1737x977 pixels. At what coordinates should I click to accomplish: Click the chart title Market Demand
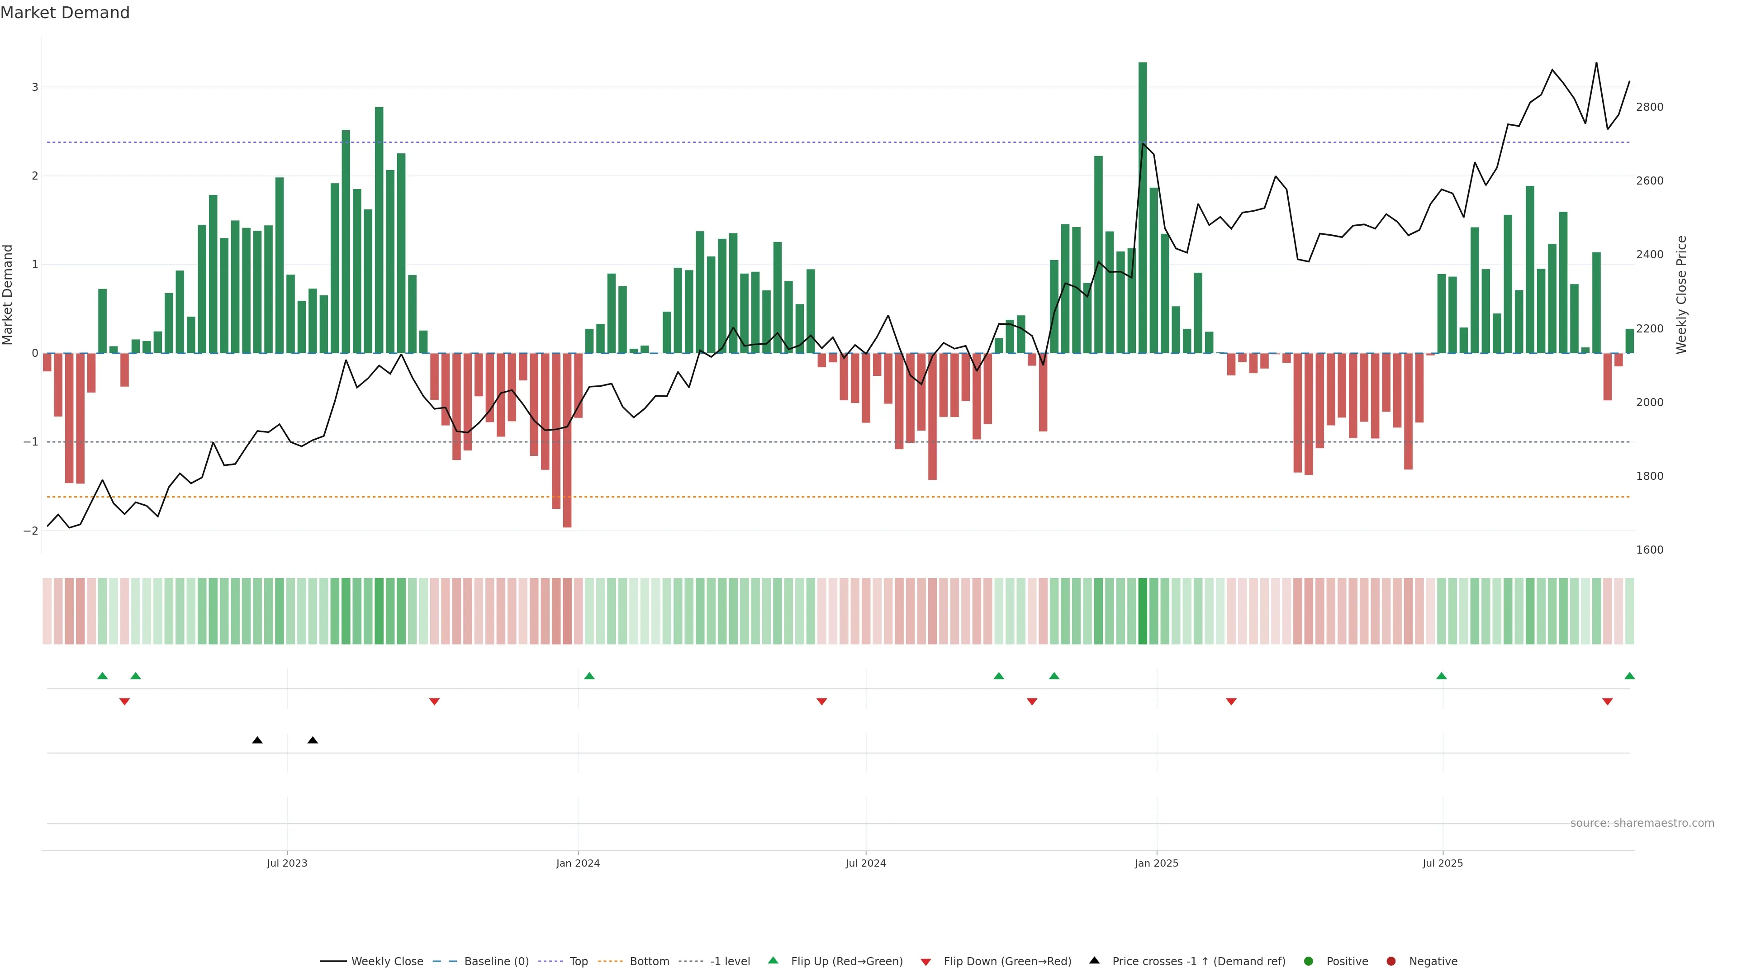[x=65, y=13]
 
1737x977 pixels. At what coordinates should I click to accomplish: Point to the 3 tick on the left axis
[x=35, y=87]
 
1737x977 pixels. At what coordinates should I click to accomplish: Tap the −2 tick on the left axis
[x=31, y=531]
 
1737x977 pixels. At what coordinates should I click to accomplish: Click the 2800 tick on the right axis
[x=1649, y=107]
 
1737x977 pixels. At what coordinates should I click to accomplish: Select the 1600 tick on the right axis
[x=1649, y=550]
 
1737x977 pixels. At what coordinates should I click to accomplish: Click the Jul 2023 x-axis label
[x=287, y=863]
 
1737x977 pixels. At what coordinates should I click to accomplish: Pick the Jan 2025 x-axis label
[x=1157, y=863]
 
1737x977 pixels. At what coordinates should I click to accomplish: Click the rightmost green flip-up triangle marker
[x=1629, y=676]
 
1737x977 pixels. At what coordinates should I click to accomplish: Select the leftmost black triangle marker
[x=257, y=740]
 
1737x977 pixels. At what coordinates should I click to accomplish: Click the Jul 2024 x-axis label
[x=865, y=863]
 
